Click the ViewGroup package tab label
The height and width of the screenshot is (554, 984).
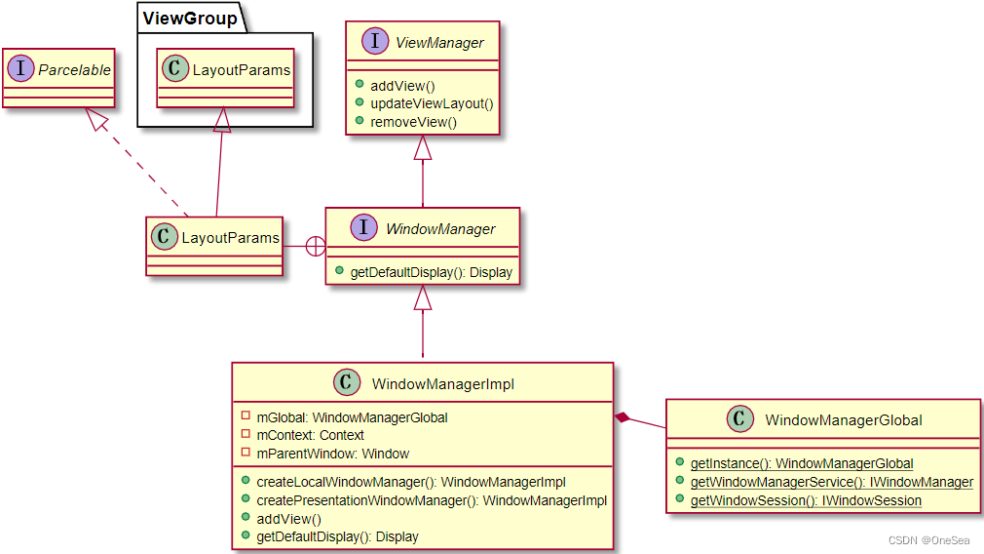pos(189,18)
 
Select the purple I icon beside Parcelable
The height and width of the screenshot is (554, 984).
pos(21,69)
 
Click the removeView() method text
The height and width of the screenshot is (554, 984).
pos(413,122)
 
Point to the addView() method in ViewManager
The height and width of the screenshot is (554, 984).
pos(402,86)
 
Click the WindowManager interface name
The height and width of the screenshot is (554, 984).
pos(440,229)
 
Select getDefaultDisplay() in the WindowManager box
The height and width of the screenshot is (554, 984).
pos(431,272)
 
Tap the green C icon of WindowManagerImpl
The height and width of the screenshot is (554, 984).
pos(348,384)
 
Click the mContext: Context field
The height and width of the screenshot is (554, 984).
pos(309,435)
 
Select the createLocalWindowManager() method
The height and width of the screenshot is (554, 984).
pos(410,482)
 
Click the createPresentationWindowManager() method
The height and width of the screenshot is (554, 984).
pos(431,500)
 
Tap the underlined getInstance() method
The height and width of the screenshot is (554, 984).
pos(801,464)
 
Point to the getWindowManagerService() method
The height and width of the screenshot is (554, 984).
pos(831,482)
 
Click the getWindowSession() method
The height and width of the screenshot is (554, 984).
pos(805,500)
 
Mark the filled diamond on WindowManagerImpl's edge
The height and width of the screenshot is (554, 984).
pos(624,418)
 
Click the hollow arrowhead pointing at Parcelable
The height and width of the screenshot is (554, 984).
pos(95,120)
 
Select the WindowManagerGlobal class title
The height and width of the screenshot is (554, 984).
pos(843,420)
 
